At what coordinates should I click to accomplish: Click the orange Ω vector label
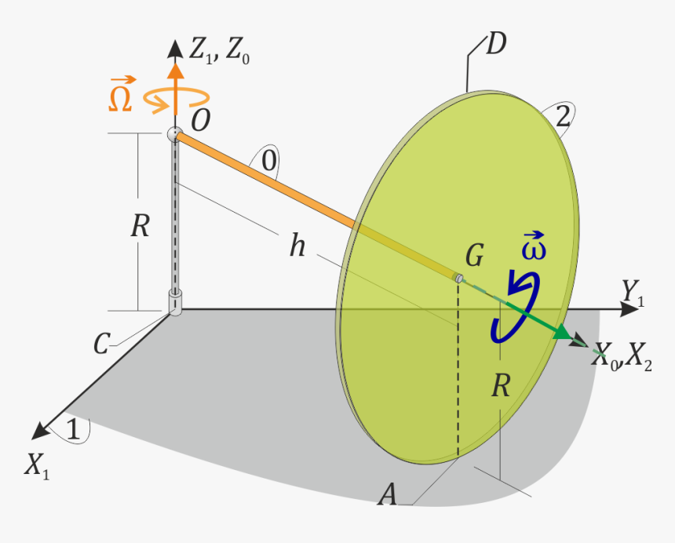(121, 94)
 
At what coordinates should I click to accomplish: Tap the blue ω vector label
(534, 246)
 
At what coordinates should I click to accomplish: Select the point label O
(200, 120)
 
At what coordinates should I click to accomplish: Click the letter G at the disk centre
(474, 255)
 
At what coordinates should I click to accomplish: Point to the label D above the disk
(495, 45)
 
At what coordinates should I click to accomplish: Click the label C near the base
(102, 343)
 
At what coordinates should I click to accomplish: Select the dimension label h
(297, 246)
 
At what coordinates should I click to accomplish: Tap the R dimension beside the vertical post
(140, 226)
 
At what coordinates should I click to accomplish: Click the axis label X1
(37, 466)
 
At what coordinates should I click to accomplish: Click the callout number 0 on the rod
(268, 162)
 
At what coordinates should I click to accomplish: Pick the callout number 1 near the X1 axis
(73, 429)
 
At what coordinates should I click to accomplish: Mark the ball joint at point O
(173, 135)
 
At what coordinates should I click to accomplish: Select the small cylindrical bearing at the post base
(174, 302)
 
